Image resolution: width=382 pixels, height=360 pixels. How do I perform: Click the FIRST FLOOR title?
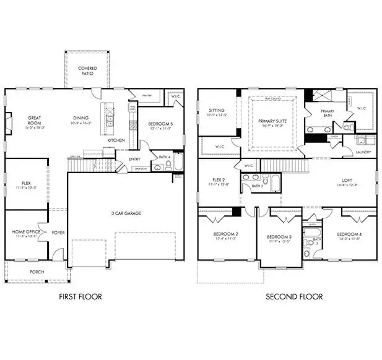tap(80, 296)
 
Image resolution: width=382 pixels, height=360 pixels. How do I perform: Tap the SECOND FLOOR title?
tap(294, 296)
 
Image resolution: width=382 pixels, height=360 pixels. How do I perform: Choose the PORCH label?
tap(37, 272)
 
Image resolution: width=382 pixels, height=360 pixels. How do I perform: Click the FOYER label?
tap(58, 233)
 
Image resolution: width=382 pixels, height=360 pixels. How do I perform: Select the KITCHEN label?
tap(116, 140)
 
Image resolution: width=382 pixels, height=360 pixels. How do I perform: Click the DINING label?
tap(80, 118)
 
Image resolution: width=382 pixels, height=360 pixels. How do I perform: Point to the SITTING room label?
tap(217, 111)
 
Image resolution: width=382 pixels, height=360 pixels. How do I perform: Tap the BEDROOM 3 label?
tap(279, 237)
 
